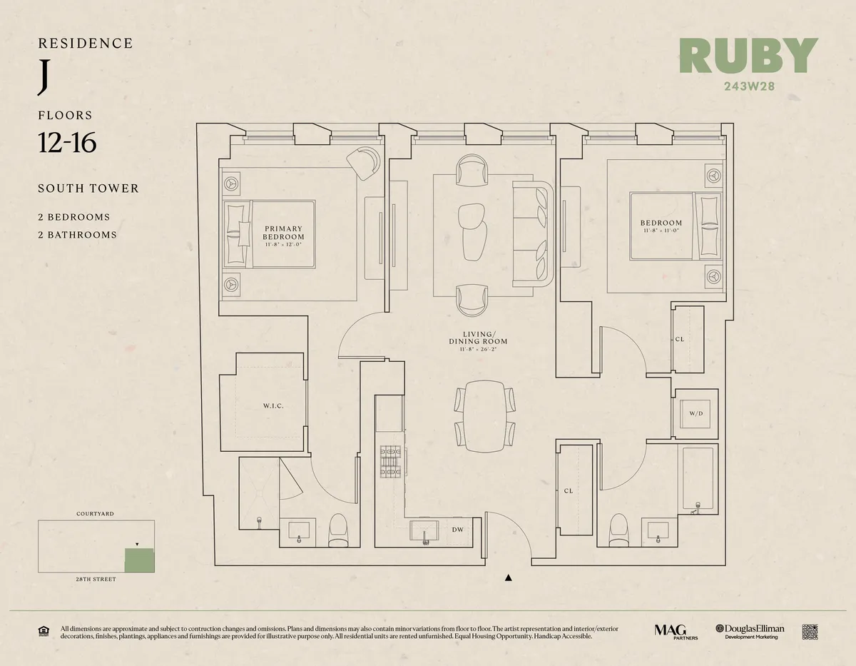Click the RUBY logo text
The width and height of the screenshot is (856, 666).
click(748, 56)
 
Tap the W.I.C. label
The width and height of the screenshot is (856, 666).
click(273, 406)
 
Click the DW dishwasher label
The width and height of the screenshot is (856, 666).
click(457, 529)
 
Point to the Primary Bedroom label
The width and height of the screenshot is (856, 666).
click(283, 233)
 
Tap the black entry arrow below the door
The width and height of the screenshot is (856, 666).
click(508, 578)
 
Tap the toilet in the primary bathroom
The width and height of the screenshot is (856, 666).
click(337, 531)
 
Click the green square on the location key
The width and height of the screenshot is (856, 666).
click(139, 560)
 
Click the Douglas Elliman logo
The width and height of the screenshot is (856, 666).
click(750, 632)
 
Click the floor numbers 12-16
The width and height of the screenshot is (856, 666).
click(67, 142)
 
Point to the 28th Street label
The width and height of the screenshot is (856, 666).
click(96, 580)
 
